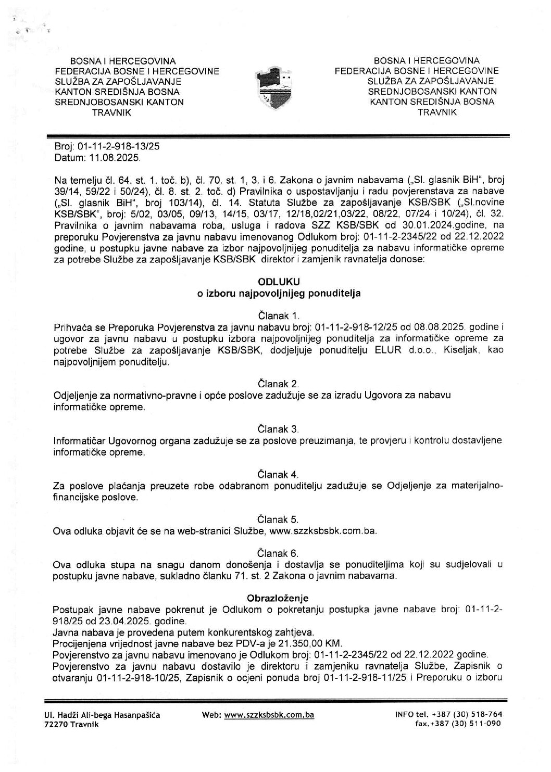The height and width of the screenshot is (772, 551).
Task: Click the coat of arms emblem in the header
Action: click(275, 86)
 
